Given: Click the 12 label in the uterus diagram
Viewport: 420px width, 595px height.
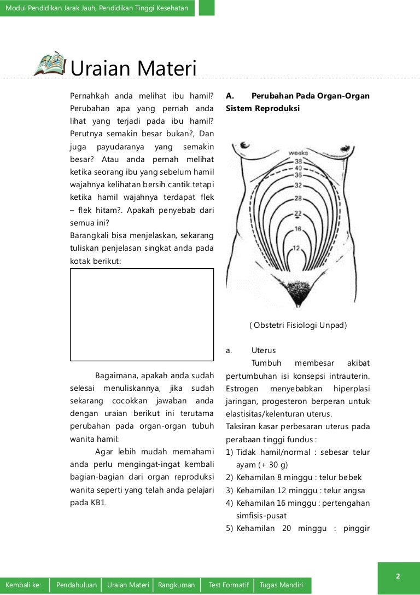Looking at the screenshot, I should tap(296, 248).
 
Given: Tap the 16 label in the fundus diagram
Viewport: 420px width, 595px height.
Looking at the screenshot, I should tap(298, 228).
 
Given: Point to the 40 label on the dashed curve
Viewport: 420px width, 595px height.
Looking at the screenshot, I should tap(299, 168).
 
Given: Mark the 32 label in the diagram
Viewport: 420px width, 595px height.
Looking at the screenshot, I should tap(298, 184).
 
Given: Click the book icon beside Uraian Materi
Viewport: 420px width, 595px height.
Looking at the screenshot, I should tap(50, 65).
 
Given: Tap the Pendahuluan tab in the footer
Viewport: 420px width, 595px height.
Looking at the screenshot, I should tap(77, 585).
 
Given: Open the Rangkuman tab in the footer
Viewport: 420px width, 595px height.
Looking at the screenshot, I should tap(176, 585).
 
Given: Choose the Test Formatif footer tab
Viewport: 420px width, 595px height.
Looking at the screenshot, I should tap(229, 585).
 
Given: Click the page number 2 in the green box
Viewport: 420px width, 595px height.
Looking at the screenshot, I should tap(398, 576).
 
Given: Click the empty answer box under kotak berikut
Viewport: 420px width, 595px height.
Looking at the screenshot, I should tap(142, 315).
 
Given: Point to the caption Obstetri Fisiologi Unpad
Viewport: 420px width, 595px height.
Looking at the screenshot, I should tap(298, 325).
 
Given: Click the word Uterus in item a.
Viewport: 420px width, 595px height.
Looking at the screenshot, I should tap(264, 350).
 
